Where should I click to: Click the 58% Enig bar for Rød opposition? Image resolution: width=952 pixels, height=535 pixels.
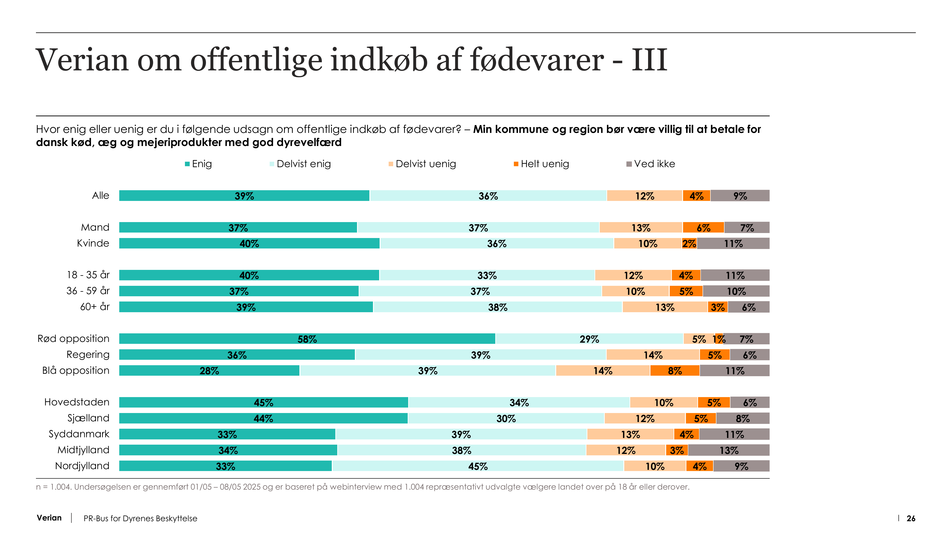pyautogui.click(x=307, y=339)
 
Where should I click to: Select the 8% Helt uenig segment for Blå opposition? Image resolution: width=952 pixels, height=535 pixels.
pyautogui.click(x=674, y=370)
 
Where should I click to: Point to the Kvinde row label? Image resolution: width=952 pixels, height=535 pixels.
pyautogui.click(x=93, y=243)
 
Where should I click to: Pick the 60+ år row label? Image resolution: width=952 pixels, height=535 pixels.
pyautogui.click(x=95, y=307)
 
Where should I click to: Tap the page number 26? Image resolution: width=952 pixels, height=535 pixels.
pyautogui.click(x=911, y=518)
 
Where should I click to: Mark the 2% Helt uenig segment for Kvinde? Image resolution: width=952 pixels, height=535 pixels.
pyautogui.click(x=689, y=243)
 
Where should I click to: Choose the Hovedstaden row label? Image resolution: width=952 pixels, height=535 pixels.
pyautogui.click(x=77, y=402)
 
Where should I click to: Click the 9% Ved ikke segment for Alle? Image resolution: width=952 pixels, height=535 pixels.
pyautogui.click(x=740, y=196)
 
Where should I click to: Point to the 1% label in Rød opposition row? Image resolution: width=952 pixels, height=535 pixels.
pyautogui.click(x=719, y=339)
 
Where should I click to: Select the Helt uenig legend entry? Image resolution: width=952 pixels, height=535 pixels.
pyautogui.click(x=541, y=164)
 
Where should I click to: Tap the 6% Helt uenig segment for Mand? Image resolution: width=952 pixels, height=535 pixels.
pyautogui.click(x=703, y=228)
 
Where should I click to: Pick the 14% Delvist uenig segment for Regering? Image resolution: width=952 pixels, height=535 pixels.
pyautogui.click(x=653, y=355)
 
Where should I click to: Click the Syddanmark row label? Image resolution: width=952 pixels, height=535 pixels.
pyautogui.click(x=79, y=434)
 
